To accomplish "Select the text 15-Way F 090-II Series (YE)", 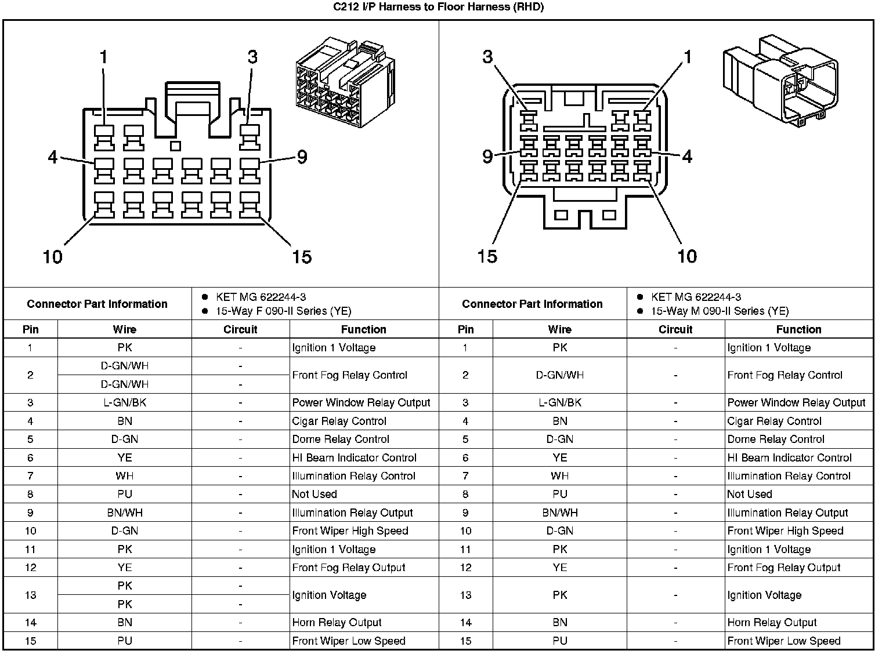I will coord(283,311).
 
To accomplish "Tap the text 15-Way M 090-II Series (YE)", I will coord(719,311).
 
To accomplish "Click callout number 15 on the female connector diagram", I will coord(302,256).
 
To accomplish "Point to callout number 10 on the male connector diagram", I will coord(687,256).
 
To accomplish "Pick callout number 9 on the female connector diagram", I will coord(302,157).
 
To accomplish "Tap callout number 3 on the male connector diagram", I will coord(487,57).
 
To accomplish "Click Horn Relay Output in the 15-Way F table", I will coord(337,623).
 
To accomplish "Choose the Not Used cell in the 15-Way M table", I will coord(749,495).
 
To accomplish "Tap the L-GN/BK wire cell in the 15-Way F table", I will coord(124,403).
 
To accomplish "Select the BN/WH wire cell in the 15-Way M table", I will coord(559,513).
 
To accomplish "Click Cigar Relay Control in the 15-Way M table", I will coord(774,422).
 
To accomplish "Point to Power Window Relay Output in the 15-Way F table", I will coord(361,403).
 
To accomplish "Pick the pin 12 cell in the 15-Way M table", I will coord(465,568).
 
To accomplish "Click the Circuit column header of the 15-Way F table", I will coord(240,329).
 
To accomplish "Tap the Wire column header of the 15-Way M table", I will coord(559,329).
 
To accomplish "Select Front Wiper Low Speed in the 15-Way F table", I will coord(349,641).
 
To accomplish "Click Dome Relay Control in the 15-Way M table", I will coord(775,439).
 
